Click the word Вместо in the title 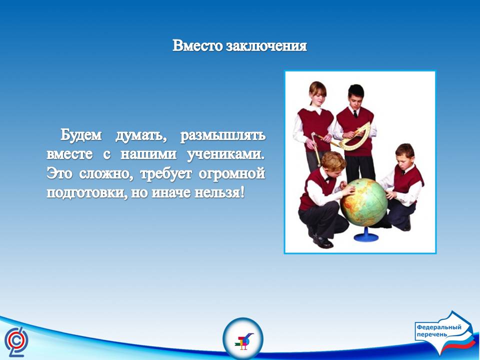click(198, 45)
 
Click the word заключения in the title click(266, 46)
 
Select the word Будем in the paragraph click(81, 134)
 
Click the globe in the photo click(364, 202)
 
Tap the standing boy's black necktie click(355, 114)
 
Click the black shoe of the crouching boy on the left click(322, 242)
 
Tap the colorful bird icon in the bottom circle click(243, 340)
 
